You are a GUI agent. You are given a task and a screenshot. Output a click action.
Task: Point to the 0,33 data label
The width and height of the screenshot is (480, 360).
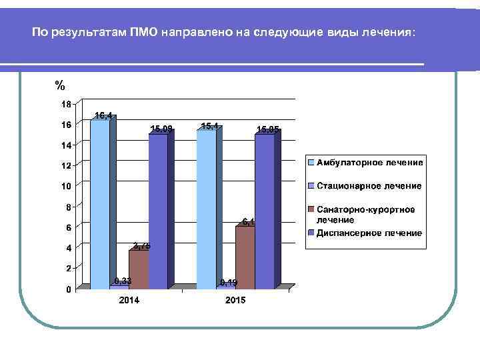click(122, 281)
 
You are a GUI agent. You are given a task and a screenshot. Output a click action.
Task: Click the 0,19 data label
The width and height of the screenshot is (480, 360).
click(228, 283)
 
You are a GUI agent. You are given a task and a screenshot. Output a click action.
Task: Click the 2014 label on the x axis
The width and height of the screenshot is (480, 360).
click(129, 301)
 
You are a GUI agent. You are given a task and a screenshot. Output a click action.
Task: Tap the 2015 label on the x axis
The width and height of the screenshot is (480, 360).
click(235, 301)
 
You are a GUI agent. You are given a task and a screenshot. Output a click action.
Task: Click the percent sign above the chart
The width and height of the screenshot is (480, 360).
click(60, 85)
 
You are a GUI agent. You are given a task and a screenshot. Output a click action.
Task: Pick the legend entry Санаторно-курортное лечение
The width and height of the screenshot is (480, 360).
click(365, 214)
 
